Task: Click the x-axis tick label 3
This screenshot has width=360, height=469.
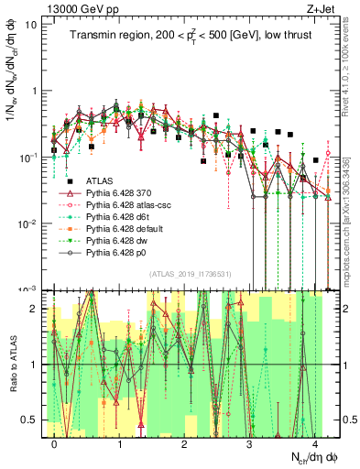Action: (x=250, y=443)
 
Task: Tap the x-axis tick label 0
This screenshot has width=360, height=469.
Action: (x=55, y=443)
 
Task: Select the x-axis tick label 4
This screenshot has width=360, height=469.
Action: (x=314, y=443)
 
